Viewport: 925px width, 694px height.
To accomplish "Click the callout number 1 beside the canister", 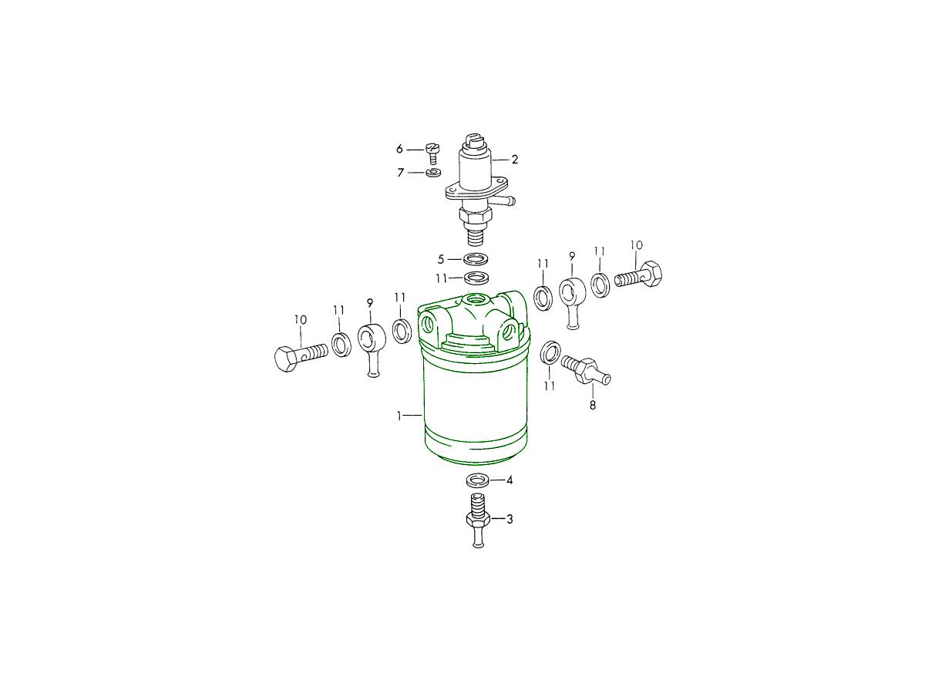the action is [399, 416].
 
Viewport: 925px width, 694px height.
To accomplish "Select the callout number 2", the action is [515, 160].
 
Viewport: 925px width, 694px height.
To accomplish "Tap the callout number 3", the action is [510, 519].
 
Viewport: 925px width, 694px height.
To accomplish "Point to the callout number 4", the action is [510, 480].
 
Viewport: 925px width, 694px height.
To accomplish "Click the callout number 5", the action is [441, 259].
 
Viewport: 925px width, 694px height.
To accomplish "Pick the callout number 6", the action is [399, 149].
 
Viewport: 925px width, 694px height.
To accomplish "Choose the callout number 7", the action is [401, 173].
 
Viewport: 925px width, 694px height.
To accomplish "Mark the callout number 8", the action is [593, 406].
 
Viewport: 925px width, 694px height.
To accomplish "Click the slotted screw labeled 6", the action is [433, 153].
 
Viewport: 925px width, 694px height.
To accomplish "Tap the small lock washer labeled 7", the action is [432, 172].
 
